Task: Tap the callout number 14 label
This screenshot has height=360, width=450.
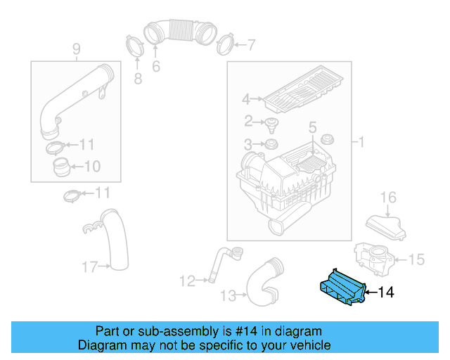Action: pyautogui.click(x=386, y=292)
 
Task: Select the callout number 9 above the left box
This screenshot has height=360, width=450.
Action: pyautogui.click(x=77, y=49)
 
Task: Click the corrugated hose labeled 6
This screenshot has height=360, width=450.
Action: pyautogui.click(x=181, y=32)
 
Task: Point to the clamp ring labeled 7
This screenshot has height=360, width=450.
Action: pyautogui.click(x=225, y=45)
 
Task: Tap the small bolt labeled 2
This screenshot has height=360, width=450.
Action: pyautogui.click(x=270, y=124)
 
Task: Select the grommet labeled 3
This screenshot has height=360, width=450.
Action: pyautogui.click(x=268, y=146)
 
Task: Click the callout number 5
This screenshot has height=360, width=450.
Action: pyautogui.click(x=313, y=127)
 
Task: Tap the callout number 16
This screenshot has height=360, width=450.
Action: pyautogui.click(x=388, y=198)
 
